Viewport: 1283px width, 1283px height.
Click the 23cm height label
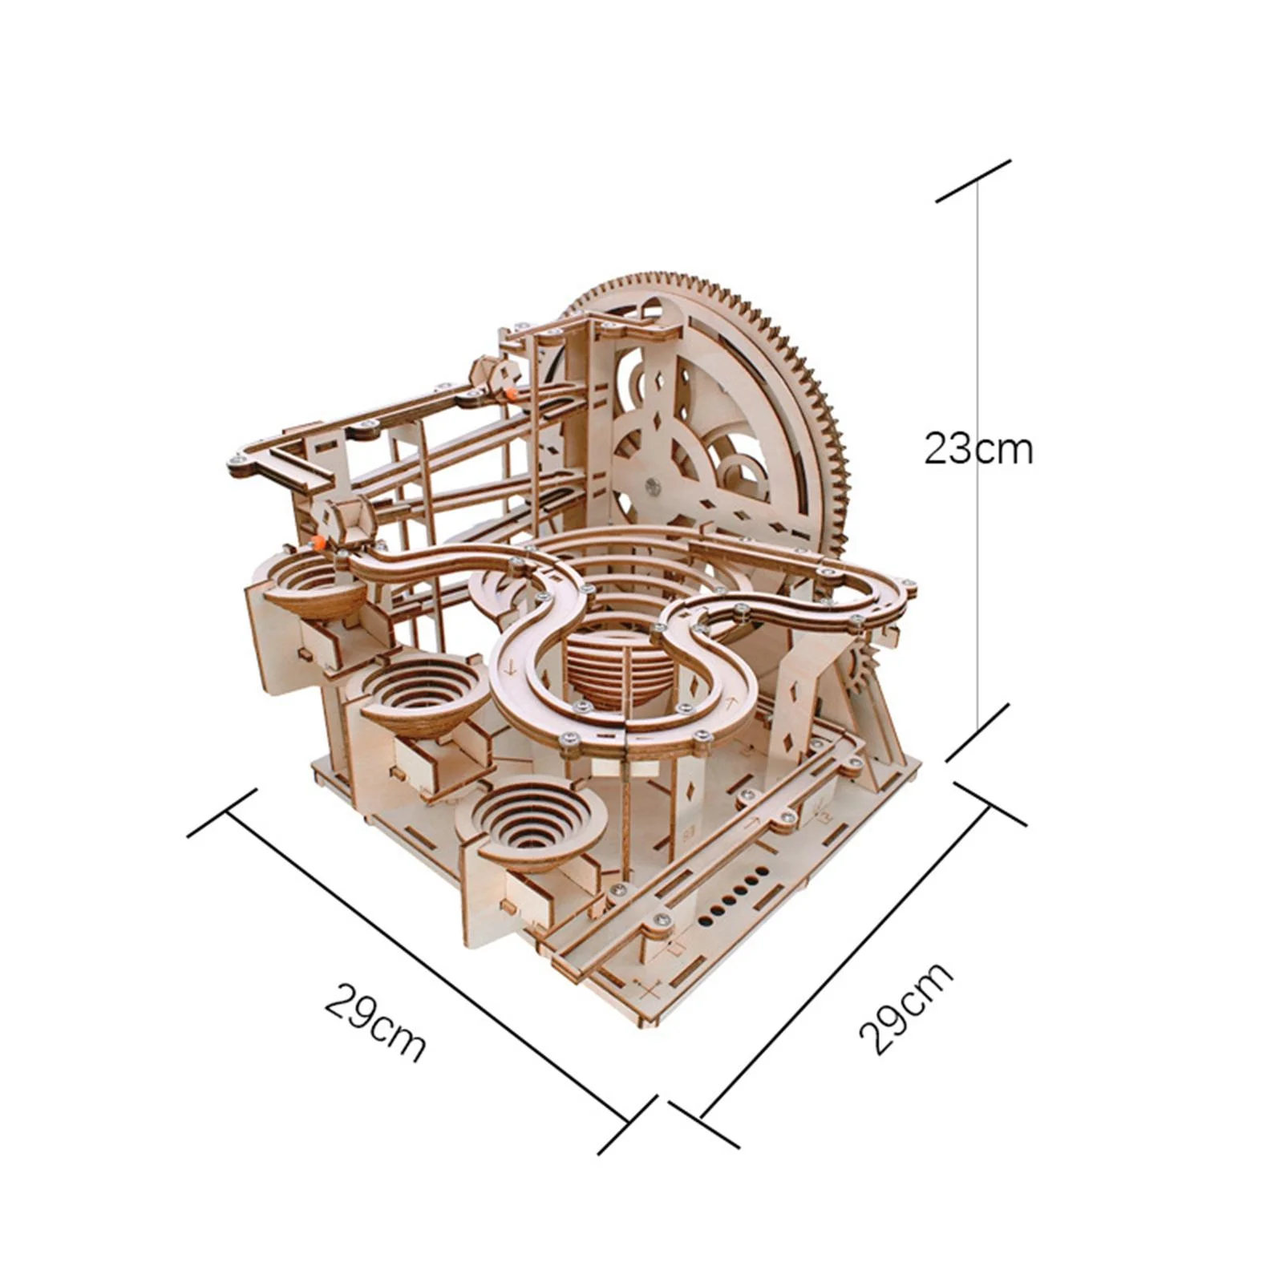point(978,449)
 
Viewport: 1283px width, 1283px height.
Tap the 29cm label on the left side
point(375,1019)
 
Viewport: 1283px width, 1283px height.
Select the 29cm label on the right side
point(905,1007)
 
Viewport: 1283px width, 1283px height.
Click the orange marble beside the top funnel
point(322,543)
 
